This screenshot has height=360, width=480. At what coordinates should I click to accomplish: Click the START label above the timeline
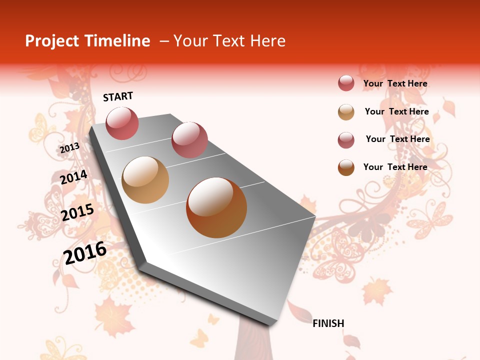118,96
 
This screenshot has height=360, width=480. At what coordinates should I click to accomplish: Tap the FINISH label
328,323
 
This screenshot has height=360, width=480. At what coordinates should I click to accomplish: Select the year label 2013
70,147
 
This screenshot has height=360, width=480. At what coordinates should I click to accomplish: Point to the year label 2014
73,177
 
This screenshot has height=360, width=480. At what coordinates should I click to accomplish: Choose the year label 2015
77,212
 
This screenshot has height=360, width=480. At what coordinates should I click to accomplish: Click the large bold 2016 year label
85,252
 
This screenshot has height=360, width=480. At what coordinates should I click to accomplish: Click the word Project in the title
52,41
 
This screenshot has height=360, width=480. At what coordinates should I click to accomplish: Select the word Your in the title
189,41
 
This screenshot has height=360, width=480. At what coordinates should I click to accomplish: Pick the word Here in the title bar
267,41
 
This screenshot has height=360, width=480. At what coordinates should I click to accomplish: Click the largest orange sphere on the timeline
216,207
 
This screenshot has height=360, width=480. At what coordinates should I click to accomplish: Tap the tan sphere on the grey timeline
145,180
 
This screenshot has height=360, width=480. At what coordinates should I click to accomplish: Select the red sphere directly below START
122,123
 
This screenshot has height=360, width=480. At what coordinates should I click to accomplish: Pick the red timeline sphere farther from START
189,140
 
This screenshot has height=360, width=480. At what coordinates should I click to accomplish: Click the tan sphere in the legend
346,112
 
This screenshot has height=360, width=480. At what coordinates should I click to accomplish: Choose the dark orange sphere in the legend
346,167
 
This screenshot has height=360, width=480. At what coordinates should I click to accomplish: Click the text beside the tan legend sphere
396,111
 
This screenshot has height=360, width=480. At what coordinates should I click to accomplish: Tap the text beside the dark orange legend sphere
395,167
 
